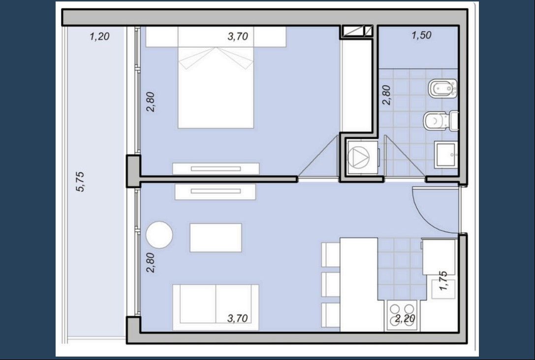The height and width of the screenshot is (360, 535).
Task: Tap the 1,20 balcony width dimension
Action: click(x=99, y=36)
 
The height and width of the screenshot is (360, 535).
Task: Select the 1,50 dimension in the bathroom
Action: click(x=421, y=35)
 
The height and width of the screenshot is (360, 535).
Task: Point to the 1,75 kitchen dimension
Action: click(x=443, y=281)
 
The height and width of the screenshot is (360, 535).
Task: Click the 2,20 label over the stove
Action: click(x=405, y=319)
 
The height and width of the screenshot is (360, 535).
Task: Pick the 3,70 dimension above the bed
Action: click(x=238, y=36)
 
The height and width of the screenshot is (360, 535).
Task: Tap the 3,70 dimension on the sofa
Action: click(x=237, y=318)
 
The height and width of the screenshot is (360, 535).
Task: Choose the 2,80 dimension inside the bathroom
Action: click(x=386, y=95)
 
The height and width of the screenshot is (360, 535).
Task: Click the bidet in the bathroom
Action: click(x=443, y=89)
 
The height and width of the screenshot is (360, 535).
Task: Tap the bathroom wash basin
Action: click(x=445, y=155)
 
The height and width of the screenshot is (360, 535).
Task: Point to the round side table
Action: click(x=159, y=234)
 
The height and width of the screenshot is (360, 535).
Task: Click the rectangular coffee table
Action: click(x=216, y=238)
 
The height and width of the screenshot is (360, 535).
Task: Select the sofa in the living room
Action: click(x=216, y=307)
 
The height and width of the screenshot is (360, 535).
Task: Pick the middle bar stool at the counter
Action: click(x=331, y=284)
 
